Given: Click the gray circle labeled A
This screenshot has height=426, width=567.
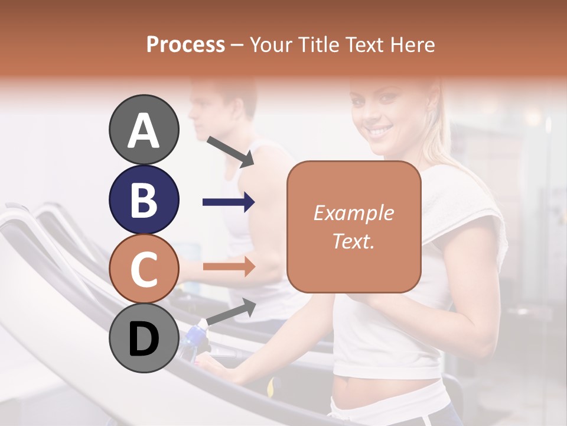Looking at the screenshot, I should click(144, 130).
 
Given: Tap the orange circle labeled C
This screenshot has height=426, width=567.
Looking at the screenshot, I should click(144, 269).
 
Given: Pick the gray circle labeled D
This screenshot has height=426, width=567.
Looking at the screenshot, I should click(144, 338).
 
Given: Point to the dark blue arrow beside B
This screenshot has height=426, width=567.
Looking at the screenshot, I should click(229, 202).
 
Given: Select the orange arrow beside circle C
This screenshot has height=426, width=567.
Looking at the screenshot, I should click(229, 267).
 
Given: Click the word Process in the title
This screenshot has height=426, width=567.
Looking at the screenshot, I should click(185, 44).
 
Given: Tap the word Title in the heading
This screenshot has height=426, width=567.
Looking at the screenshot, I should click(318, 44).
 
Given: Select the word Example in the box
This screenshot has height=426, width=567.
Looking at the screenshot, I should click(353, 213).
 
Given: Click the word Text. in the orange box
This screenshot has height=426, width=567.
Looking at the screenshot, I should click(353, 241).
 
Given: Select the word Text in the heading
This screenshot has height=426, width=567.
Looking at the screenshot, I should click(366, 44).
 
